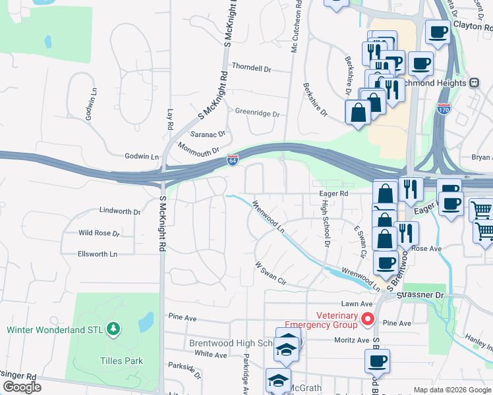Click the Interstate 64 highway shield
[233, 160]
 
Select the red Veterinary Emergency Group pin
[368, 319]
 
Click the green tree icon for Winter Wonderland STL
[113, 328]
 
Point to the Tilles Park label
[121, 361]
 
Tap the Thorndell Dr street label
[251, 68]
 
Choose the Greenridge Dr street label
[257, 113]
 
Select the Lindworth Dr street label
[119, 211]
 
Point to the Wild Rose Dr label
[99, 233]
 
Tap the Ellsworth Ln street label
[97, 253]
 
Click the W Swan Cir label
[271, 273]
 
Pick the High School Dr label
[325, 224]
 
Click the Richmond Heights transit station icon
[473, 83]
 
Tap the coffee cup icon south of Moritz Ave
[377, 361]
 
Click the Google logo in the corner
[22, 387]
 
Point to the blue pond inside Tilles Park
[146, 321]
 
